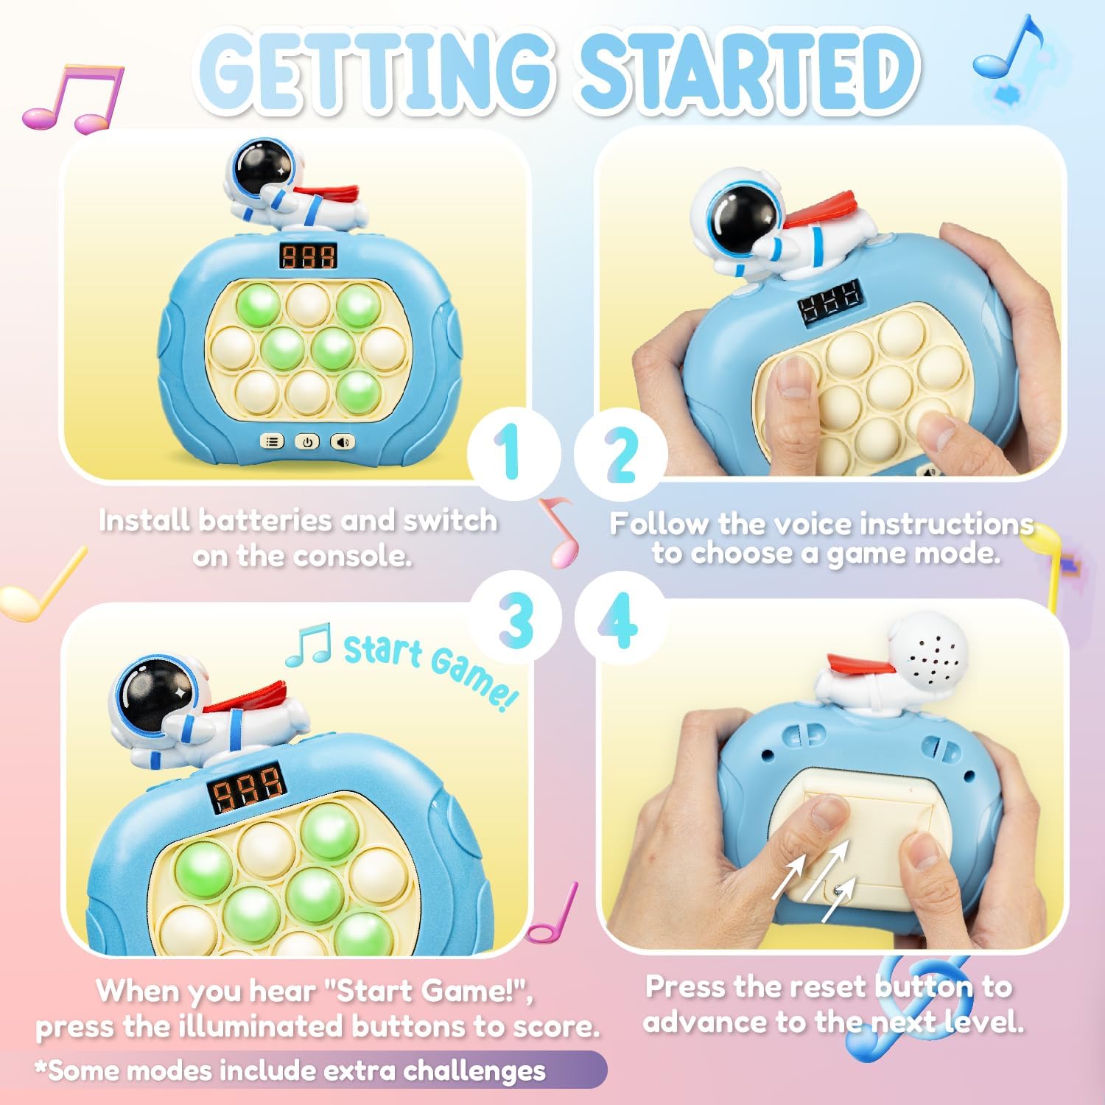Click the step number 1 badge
tap(513, 453)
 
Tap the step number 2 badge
tap(621, 453)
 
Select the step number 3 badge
tap(516, 619)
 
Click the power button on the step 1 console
tap(307, 441)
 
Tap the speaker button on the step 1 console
tap(342, 441)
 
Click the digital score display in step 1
tap(308, 256)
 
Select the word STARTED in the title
tap(748, 71)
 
